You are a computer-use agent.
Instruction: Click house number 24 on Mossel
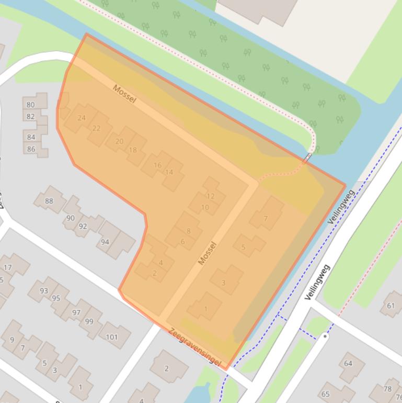[82, 118]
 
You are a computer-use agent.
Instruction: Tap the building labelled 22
[96, 128]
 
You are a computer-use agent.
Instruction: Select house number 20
[119, 141]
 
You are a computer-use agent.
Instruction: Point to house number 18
[133, 150]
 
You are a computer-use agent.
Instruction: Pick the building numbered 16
[157, 165]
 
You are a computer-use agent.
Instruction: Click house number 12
[211, 196]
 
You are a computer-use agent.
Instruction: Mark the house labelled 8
[188, 231]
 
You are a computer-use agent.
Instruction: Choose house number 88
[49, 201]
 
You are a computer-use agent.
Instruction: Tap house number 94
[105, 242]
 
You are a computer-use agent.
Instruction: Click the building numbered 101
[112, 337]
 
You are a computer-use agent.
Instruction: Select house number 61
[391, 306]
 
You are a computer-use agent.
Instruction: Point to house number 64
[348, 363]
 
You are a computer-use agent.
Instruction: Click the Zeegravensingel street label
[194, 347]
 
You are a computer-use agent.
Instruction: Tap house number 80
[31, 104]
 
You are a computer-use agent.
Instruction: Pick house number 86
[31, 149]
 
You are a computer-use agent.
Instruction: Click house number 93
[43, 290]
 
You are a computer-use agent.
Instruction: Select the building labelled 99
[89, 321]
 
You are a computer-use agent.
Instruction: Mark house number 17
[7, 267]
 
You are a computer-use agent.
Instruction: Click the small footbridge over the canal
[308, 157]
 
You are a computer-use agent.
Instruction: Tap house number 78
[387, 389]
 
